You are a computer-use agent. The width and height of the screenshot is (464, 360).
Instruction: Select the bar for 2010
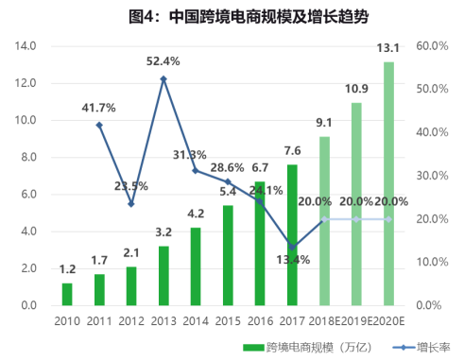point(67,294)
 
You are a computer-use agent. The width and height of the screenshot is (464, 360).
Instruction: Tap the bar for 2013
point(163,275)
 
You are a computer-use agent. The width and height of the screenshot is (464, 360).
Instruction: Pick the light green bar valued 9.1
point(324,220)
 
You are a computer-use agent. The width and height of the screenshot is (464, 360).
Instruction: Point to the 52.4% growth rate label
point(163,61)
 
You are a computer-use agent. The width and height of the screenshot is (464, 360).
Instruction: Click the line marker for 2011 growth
point(99,125)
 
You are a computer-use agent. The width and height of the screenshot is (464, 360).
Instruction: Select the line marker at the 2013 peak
point(163,78)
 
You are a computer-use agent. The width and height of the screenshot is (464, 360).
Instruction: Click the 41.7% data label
point(99,108)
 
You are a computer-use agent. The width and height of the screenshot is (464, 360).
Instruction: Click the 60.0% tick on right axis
point(432,45)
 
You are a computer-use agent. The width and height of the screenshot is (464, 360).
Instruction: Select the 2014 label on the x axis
point(196,321)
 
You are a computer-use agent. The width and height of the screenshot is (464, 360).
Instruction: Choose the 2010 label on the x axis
point(67,321)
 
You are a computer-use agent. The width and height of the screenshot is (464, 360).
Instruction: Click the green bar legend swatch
point(252,347)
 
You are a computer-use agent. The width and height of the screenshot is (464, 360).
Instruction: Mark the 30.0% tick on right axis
point(432,176)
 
